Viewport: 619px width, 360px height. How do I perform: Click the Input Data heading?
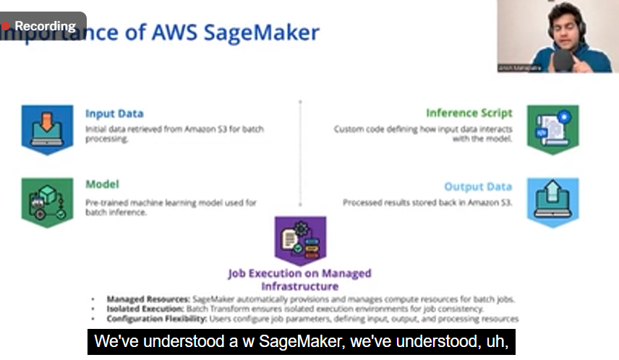point(114,113)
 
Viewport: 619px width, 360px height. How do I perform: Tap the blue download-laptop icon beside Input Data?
point(47,129)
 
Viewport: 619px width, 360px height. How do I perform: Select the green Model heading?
point(102,184)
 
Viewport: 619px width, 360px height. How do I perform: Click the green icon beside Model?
point(47,202)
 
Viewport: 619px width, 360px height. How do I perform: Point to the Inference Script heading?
point(469,113)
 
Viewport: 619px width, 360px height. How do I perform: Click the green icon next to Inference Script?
point(552,129)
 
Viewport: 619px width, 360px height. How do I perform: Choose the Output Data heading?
point(478,187)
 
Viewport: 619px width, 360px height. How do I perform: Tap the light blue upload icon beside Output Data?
point(552,202)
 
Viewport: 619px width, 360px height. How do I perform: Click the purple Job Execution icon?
point(300,241)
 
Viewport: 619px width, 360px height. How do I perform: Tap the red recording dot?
point(6,26)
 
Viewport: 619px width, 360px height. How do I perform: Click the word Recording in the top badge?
point(45,26)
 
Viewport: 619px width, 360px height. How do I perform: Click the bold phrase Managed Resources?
point(148,299)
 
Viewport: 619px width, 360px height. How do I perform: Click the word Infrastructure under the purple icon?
point(299,286)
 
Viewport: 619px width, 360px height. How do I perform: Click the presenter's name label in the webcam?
point(514,67)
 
